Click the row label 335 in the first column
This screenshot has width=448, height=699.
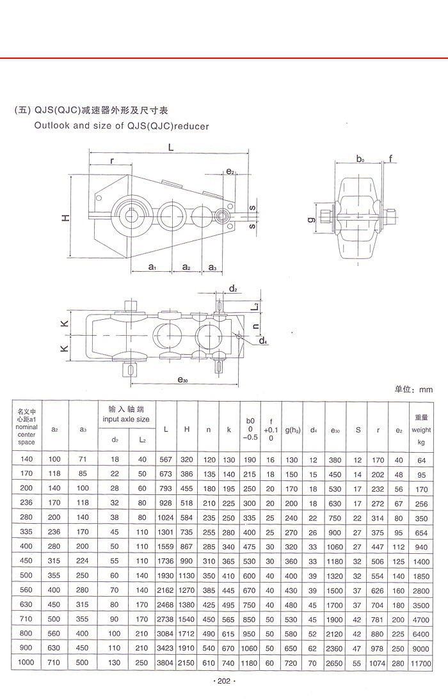click(26, 532)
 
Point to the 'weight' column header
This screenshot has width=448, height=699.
click(421, 430)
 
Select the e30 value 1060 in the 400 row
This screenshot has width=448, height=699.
click(335, 546)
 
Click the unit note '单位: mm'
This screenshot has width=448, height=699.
click(413, 389)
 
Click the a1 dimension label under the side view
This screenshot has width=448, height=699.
click(152, 267)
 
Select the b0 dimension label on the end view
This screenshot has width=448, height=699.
click(360, 159)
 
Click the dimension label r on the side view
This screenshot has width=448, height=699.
click(113, 161)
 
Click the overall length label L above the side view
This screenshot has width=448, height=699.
click(171, 147)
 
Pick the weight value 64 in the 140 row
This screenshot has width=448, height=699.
click(421, 460)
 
